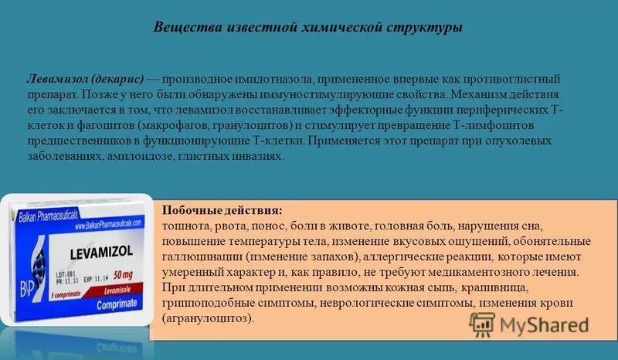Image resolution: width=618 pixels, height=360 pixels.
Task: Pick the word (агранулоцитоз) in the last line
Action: click(209, 318)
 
